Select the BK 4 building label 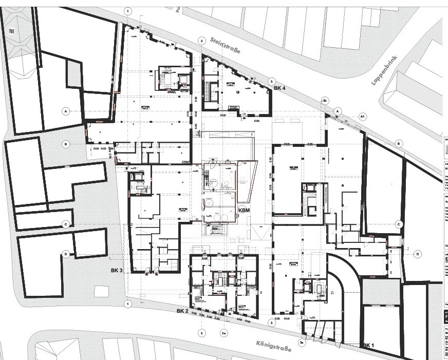[x=279, y=88]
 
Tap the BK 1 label [x=369, y=346]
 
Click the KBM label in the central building [x=244, y=210]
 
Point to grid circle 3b [x=325, y=99]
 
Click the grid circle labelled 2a [x=223, y=333]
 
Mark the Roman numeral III [x=11, y=31]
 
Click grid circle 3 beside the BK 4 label [x=272, y=81]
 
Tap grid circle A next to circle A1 [x=338, y=110]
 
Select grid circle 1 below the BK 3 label [x=128, y=304]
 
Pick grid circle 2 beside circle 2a [x=202, y=333]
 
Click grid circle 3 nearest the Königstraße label [x=272, y=323]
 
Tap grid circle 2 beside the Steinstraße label [x=202, y=41]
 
